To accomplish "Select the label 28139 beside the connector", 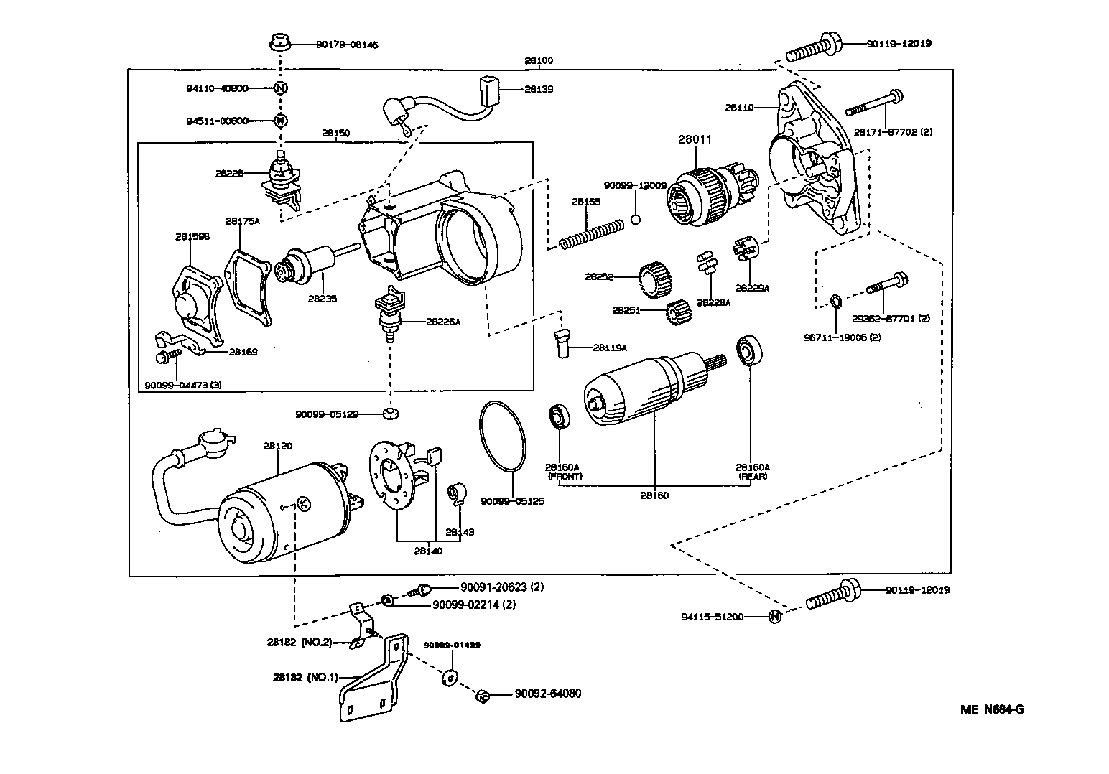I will tap(539, 89).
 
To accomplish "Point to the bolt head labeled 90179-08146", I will tap(280, 43).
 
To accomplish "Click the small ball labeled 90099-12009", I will tap(635, 218).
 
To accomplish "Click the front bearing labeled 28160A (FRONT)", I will tap(559, 417).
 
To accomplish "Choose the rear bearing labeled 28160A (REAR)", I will tap(750, 351).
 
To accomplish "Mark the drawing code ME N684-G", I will tap(992, 709).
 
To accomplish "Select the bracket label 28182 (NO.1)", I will tap(305, 677).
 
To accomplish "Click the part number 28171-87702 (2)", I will tap(893, 132).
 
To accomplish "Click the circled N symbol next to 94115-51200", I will tap(774, 616).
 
